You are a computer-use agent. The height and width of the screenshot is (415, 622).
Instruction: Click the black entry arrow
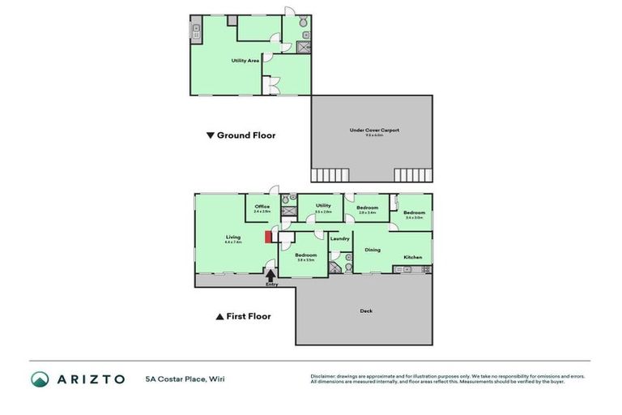(x=270, y=276)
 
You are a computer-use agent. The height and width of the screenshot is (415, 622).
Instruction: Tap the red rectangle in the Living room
(x=266, y=237)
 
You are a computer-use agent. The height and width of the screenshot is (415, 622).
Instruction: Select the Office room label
(x=262, y=206)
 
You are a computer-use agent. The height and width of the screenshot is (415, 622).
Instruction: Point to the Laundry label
(x=340, y=237)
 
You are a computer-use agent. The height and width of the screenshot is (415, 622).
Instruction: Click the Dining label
(x=373, y=250)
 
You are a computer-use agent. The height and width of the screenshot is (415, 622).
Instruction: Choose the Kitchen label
(x=413, y=257)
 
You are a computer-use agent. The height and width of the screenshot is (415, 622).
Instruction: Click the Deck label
(x=366, y=310)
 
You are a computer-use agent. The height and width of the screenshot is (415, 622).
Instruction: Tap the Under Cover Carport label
(x=374, y=130)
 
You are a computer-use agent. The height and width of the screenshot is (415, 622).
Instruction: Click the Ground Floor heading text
(x=245, y=135)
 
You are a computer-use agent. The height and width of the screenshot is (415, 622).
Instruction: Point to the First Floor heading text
(x=249, y=316)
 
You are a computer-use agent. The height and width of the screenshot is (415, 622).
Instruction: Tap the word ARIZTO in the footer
(x=92, y=379)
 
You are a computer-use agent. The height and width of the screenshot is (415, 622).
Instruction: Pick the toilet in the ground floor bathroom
(x=304, y=25)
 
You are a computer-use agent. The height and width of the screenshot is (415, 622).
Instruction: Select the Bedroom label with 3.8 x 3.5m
(x=305, y=255)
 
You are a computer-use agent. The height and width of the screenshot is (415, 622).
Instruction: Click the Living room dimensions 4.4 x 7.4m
(x=233, y=242)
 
